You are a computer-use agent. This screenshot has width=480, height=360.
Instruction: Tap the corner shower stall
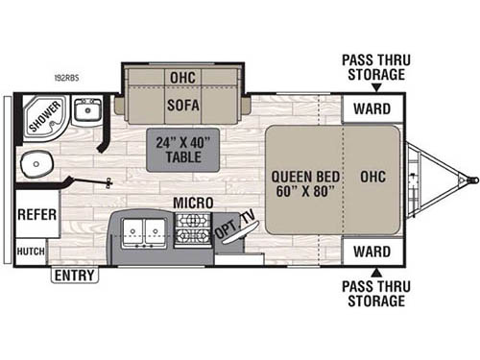42,116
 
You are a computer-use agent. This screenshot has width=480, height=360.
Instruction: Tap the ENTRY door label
75,276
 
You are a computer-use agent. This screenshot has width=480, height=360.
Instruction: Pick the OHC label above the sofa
181,78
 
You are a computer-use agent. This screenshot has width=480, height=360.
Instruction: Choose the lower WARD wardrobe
372,252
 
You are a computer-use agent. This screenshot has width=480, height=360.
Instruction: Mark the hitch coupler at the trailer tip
470,179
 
